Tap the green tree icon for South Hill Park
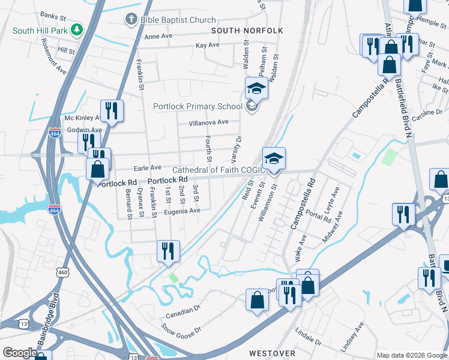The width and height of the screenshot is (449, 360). coord(76,29)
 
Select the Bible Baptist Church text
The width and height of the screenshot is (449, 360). coord(178,20)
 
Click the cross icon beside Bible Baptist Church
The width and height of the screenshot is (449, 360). coord(131,19)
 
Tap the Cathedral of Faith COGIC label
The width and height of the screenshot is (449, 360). coord(218,170)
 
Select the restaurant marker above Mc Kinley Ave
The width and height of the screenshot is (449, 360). coord(112,110)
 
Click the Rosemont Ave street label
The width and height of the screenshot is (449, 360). coord(53,56)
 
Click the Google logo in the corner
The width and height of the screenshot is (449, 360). coord(19,353)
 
